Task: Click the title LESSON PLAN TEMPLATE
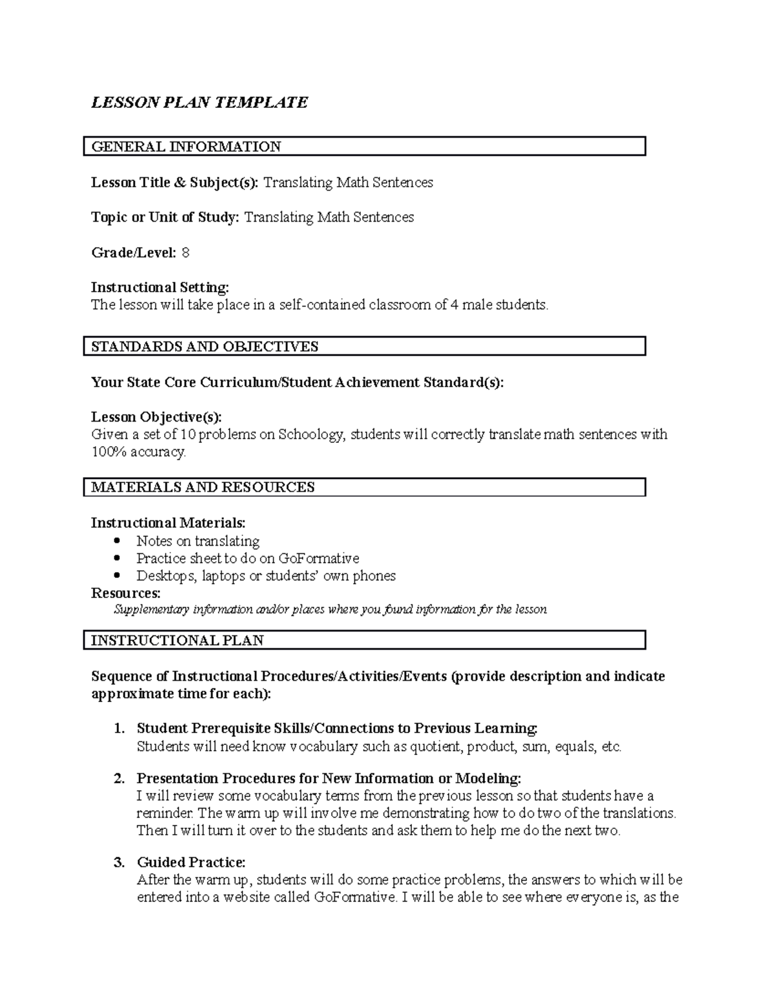(199, 103)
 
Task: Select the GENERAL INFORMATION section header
(186, 147)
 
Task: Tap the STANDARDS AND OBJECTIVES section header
(204, 347)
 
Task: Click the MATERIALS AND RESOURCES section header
(202, 487)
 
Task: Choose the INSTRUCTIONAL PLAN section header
(177, 641)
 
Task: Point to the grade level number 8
(186, 253)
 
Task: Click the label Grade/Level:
(133, 253)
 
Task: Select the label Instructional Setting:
(160, 287)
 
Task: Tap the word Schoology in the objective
(312, 434)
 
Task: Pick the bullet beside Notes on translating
(116, 541)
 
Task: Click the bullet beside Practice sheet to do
(116, 559)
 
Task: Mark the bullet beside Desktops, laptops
(116, 576)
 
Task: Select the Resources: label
(125, 593)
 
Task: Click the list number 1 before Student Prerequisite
(118, 729)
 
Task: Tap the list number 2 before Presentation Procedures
(118, 779)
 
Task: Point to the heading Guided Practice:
(191, 862)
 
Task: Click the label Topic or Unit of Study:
(165, 218)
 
